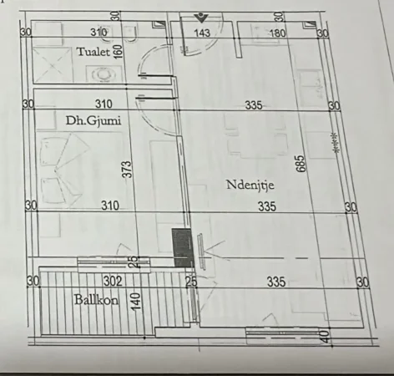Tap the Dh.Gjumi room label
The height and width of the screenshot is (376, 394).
tap(93, 121)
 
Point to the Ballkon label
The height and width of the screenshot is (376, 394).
tap(94, 300)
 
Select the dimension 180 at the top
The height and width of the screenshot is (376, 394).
tap(278, 33)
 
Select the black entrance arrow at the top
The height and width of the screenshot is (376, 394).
tap(200, 17)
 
